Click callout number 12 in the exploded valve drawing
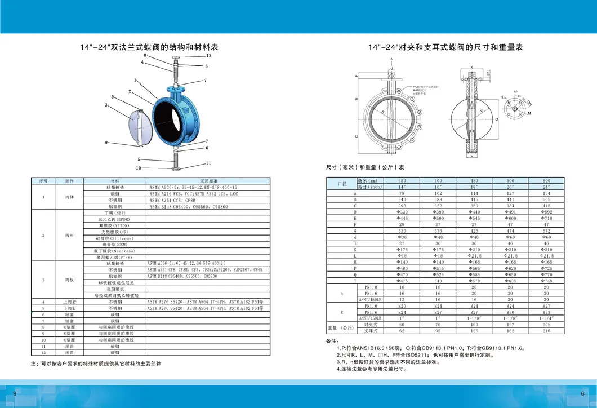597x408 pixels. (x=208, y=56)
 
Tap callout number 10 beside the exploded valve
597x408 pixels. (x=138, y=168)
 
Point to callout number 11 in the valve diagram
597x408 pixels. (x=208, y=163)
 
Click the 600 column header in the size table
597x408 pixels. (x=546, y=180)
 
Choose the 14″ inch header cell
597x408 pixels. (x=402, y=187)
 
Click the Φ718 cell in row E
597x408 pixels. (x=546, y=218)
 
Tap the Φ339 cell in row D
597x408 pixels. (x=402, y=212)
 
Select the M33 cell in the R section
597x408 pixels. (x=546, y=312)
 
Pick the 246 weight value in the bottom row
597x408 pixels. (x=546, y=331)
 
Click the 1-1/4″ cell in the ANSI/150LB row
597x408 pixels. (x=546, y=318)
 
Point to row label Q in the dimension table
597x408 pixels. (x=355, y=274)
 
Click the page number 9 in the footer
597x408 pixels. (x=14, y=393)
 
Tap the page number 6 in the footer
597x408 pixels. (x=583, y=393)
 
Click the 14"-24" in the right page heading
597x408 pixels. (x=381, y=47)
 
